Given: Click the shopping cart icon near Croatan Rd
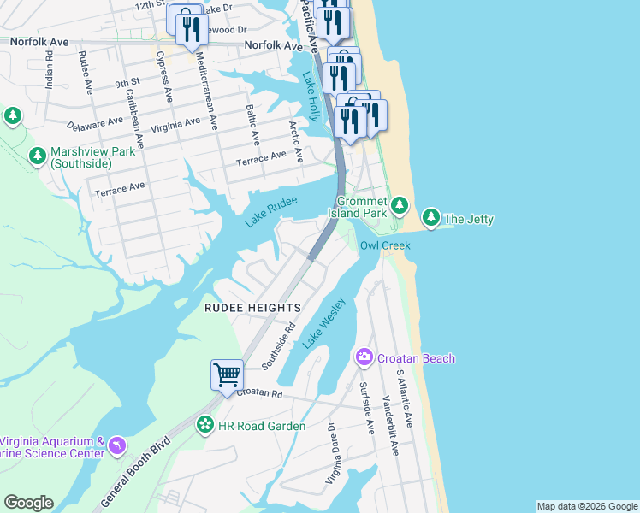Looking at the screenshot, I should point(227,374).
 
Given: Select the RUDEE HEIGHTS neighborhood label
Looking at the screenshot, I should point(252,308).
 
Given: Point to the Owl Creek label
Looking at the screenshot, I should point(384,246).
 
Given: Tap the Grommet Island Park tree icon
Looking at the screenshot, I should point(400,205).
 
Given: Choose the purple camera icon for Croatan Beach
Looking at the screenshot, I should point(364,357).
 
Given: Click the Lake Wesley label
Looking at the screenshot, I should point(323,322).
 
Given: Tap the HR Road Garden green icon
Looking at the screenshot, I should point(205,425).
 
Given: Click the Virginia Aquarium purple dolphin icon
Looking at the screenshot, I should point(116,445).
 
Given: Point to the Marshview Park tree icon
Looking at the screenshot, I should point(37,156).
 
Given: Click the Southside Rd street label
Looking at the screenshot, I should point(278,346).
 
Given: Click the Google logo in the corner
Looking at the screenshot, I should point(28,503).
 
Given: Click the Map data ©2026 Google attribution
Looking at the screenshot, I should point(586,506).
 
